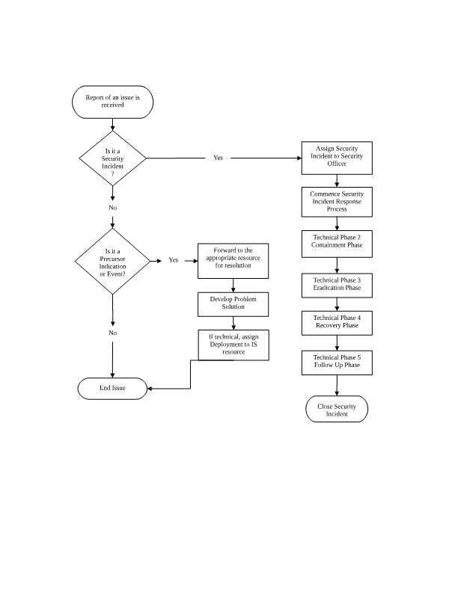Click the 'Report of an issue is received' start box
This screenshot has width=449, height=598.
click(112, 102)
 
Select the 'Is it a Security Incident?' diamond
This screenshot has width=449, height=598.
click(112, 158)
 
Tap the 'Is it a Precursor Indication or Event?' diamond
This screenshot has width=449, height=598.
click(112, 262)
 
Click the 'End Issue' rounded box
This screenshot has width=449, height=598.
click(112, 388)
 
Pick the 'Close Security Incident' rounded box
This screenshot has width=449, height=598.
click(337, 410)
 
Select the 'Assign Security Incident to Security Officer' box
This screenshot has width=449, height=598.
click(337, 157)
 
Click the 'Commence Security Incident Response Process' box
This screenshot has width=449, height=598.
click(337, 201)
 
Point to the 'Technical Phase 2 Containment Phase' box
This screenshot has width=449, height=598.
click(337, 241)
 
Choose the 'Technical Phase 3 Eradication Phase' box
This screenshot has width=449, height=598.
click(337, 283)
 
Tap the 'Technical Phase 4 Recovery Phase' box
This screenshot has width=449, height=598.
click(337, 321)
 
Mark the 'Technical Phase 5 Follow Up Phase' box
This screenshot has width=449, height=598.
click(337, 363)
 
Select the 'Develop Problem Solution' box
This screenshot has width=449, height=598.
click(233, 303)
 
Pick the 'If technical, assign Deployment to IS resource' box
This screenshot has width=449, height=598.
click(233, 345)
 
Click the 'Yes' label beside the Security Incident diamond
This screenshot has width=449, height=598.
click(218, 158)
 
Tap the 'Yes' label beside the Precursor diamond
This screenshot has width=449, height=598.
click(173, 261)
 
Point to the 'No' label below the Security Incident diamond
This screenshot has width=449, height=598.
click(112, 207)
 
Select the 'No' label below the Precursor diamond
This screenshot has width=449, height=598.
click(112, 333)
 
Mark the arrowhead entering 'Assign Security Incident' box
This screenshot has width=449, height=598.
click(298, 158)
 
